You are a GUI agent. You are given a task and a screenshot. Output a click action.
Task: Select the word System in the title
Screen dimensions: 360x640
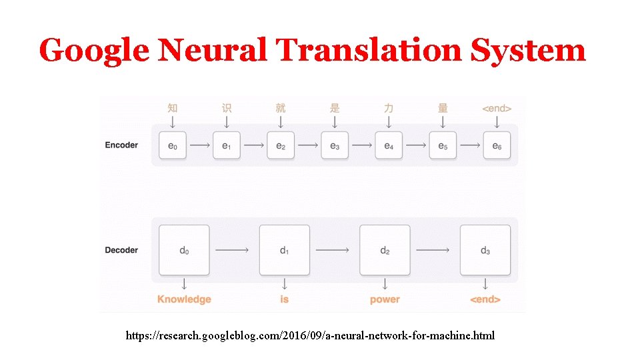[x=528, y=51]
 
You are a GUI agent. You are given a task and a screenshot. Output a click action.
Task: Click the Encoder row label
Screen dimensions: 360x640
[x=121, y=145]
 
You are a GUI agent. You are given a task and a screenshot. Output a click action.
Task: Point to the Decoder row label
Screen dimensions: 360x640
[x=121, y=251]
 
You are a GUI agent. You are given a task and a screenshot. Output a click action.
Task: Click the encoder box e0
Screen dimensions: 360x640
[x=173, y=145]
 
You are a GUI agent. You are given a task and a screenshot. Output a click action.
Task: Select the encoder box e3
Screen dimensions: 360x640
[x=335, y=145]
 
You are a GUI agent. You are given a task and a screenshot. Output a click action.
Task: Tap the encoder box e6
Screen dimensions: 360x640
[x=497, y=145]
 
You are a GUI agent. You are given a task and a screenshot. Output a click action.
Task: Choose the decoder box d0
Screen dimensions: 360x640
[x=184, y=251]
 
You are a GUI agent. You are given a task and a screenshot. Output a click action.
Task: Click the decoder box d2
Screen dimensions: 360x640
[x=385, y=251]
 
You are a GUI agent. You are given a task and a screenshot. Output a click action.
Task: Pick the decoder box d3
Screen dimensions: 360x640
[x=485, y=251]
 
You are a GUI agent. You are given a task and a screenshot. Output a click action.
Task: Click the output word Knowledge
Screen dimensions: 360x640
[x=184, y=299]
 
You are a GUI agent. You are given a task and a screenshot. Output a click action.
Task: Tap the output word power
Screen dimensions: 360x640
[x=385, y=299]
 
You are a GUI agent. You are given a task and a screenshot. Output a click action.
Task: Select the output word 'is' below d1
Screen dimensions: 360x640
[x=285, y=299]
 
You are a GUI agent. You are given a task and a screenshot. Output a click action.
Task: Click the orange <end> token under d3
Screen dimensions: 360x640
[x=485, y=299]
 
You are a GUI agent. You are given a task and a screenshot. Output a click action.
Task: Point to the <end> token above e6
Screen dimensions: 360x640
[x=497, y=108]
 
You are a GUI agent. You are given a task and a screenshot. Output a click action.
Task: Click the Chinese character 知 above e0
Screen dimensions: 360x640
[x=173, y=108]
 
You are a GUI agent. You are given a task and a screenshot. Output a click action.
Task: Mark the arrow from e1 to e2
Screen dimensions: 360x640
[x=253, y=145]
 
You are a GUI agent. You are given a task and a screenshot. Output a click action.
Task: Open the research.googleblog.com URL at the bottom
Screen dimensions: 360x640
[x=311, y=335]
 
